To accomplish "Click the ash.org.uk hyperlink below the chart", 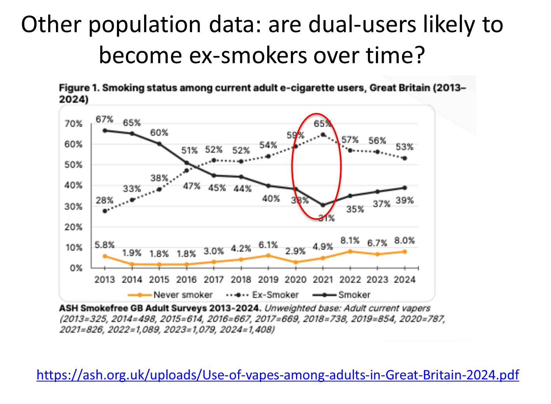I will point(278,375).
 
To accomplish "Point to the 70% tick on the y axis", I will point(73,124).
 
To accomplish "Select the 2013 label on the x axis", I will point(104,280).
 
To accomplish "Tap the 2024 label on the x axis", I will point(405,280).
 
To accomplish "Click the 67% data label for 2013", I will point(104,119).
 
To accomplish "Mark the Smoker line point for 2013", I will point(105,131).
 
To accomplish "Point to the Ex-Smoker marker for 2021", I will point(323,135).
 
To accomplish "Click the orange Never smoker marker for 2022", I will point(350,252).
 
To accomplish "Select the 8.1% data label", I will point(350,241).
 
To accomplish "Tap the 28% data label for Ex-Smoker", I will point(104,200).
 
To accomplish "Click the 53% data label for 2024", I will point(405,147).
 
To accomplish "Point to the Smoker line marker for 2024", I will point(405,188).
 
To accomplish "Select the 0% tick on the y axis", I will point(76,268).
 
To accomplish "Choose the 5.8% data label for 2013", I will point(104,245).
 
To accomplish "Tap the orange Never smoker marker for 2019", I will point(268,256).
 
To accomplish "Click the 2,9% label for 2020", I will point(295,251).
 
